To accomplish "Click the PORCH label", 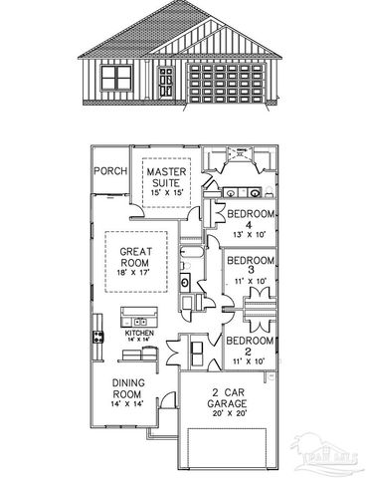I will point(110,170).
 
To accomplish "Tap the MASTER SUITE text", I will point(167,177).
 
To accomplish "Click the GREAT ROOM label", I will point(134,257).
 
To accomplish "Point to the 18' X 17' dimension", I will point(134,272).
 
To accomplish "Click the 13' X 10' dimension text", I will point(251,235).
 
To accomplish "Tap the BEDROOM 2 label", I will point(250,346).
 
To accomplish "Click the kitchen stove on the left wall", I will point(98,337).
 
